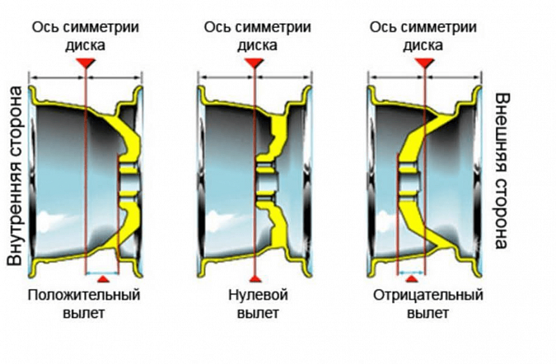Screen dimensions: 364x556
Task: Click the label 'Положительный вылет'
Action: click(x=84, y=304)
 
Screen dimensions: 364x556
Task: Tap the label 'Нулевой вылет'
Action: click(x=257, y=304)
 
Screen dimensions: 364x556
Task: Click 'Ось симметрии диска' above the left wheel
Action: click(x=86, y=35)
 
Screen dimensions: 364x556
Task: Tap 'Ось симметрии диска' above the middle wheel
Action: click(x=257, y=35)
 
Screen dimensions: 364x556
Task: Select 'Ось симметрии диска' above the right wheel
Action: click(x=423, y=35)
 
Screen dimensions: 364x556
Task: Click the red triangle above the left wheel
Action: click(x=85, y=63)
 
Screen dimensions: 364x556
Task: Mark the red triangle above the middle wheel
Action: click(x=256, y=63)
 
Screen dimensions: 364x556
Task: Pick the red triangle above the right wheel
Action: click(x=424, y=63)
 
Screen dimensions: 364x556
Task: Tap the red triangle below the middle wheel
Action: click(x=256, y=282)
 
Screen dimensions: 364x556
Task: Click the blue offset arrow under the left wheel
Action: click(x=101, y=272)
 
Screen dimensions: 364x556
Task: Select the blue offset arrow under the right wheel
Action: click(x=411, y=272)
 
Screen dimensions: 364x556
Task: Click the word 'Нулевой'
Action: click(x=257, y=295)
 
